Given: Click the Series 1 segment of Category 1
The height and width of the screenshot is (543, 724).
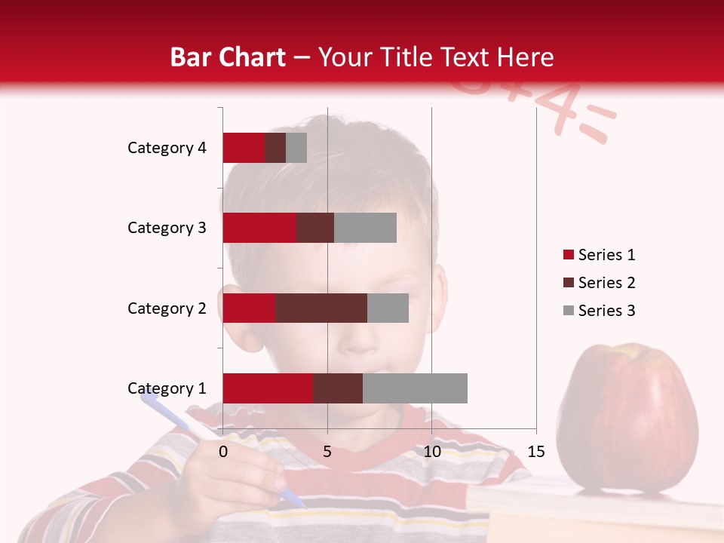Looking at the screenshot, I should coord(267,388).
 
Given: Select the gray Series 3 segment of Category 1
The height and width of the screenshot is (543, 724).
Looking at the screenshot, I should coord(415,388).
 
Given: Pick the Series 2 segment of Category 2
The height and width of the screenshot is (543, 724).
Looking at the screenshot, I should coord(321,308).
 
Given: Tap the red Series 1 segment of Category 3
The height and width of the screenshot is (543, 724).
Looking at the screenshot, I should coord(259,228).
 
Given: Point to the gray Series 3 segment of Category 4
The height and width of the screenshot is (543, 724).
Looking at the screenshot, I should coord(296,148).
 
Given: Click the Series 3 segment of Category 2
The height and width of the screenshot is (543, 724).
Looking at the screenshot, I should coord(388,308).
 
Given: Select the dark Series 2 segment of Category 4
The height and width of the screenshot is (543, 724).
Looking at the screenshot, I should coord(275,148).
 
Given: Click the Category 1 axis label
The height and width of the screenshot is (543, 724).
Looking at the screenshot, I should coord(167,388).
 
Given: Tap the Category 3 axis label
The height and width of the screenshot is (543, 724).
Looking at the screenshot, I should coord(167,228).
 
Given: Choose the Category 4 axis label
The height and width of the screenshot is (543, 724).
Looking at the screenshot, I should coord(167,148).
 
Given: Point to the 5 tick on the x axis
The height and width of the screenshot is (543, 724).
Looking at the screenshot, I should coord(327,452).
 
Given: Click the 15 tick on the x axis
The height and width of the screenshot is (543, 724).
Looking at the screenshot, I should coord(535,452).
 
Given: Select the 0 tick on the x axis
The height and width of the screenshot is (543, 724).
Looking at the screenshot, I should coord(223,452).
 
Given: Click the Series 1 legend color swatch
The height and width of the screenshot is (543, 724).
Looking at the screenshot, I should coord(568,255).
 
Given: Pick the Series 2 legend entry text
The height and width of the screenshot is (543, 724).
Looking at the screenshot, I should coord(606,283).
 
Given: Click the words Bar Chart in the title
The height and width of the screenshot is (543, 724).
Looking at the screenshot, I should coord(227,57).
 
